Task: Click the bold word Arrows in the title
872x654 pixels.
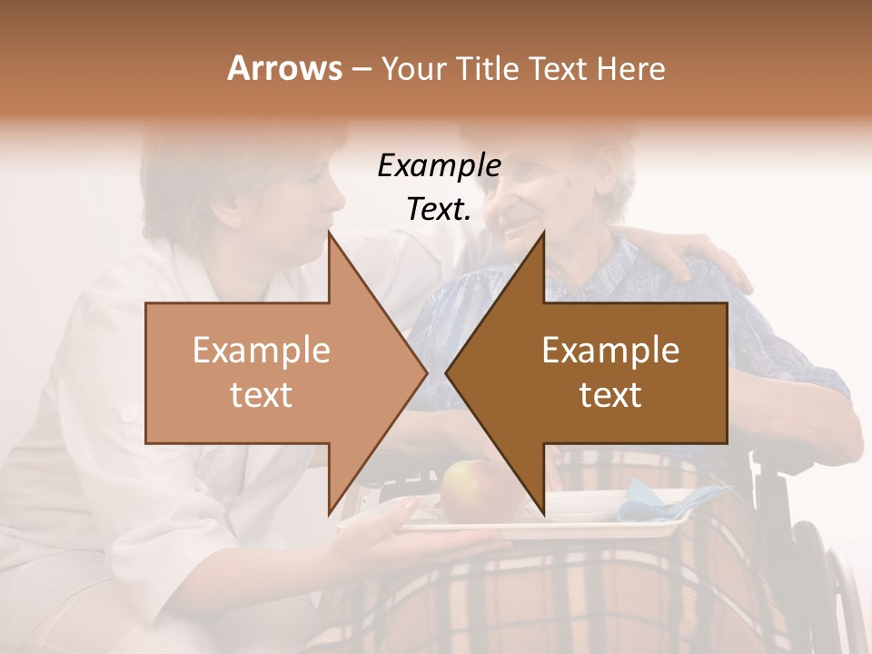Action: pos(284,68)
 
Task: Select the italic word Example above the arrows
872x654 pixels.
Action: pos(439,166)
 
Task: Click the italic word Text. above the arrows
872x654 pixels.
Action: pos(439,210)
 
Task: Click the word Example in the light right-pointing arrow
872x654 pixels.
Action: pos(262,351)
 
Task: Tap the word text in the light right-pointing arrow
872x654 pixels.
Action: pos(262,394)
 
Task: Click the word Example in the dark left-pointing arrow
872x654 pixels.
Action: pos(610,351)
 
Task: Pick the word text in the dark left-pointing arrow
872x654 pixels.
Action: pos(610,394)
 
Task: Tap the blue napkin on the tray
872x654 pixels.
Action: pos(672,498)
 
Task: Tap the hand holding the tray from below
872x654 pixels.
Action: pos(427,545)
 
